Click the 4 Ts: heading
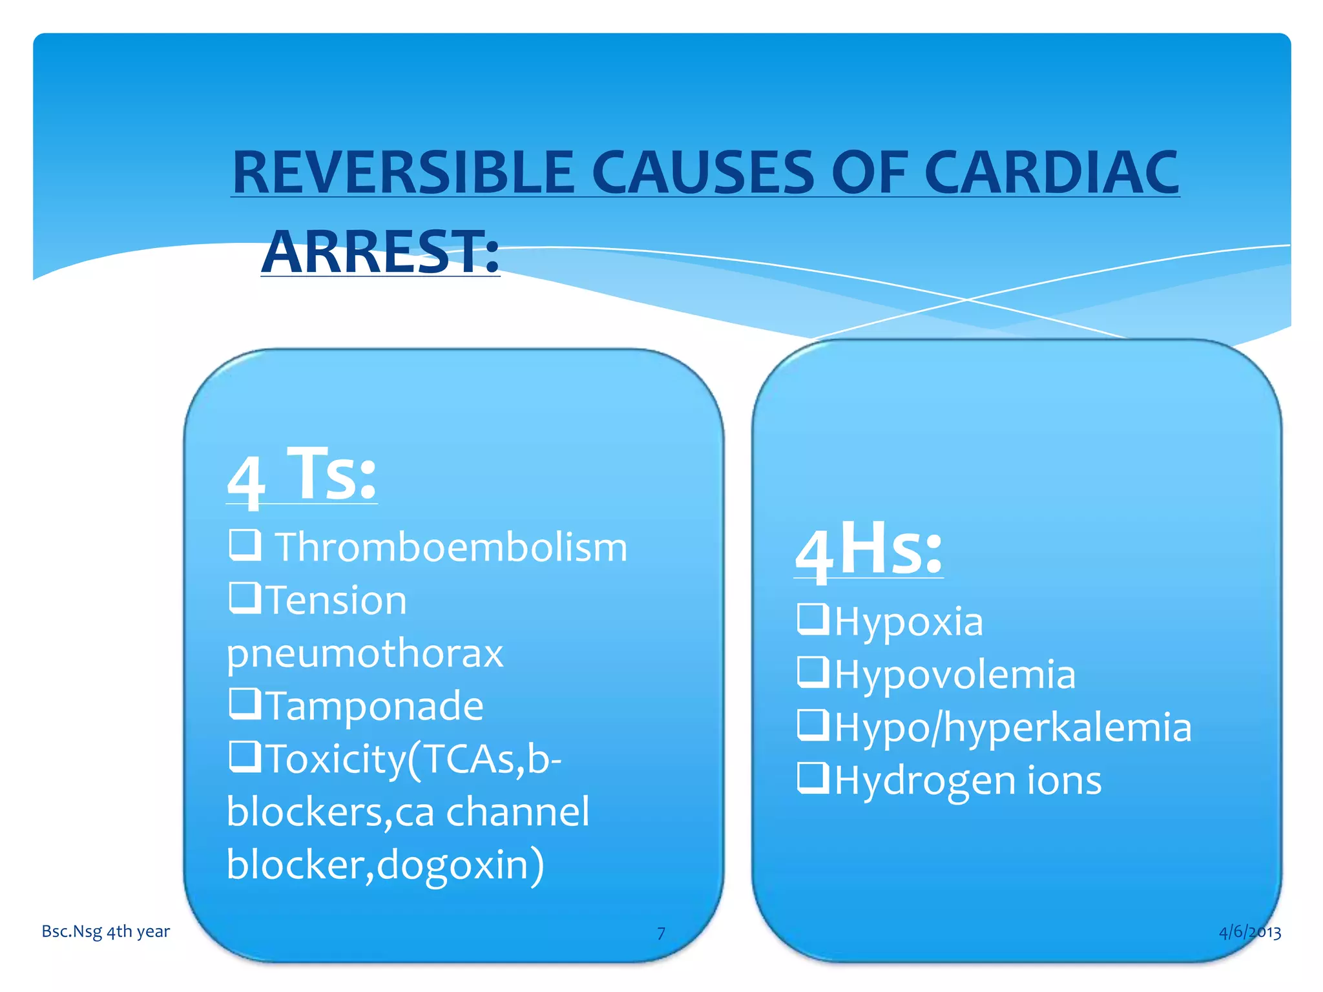[x=302, y=476]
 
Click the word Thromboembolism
[x=451, y=548]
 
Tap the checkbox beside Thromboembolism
[x=245, y=544]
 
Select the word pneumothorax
[x=364, y=653]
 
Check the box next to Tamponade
[x=245, y=703]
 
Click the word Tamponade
[x=375, y=705]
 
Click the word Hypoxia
[x=909, y=621]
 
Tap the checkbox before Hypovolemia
[x=813, y=671]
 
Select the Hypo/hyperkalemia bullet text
[x=1013, y=728]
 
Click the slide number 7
[x=661, y=933]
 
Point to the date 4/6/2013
[x=1249, y=931]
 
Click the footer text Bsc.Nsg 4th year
[x=106, y=931]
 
